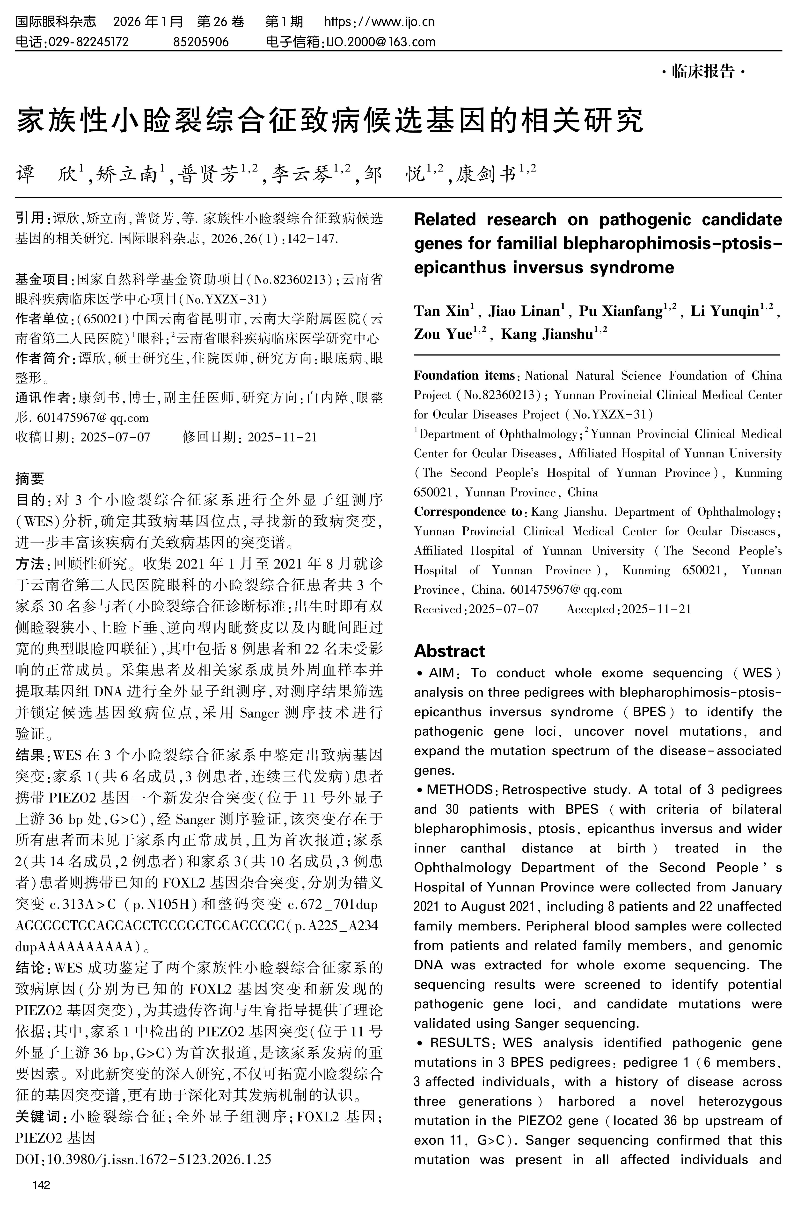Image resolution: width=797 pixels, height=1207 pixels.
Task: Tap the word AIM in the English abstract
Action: point(441,673)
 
